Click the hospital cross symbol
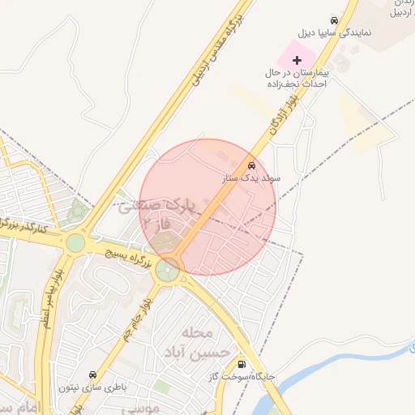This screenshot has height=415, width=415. [x=297, y=59]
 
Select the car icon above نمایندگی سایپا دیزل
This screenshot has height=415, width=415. [x=333, y=19]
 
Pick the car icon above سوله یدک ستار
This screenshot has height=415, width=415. [x=250, y=165]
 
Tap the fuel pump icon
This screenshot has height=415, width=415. [x=242, y=364]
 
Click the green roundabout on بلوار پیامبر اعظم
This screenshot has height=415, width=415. [x=75, y=242]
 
